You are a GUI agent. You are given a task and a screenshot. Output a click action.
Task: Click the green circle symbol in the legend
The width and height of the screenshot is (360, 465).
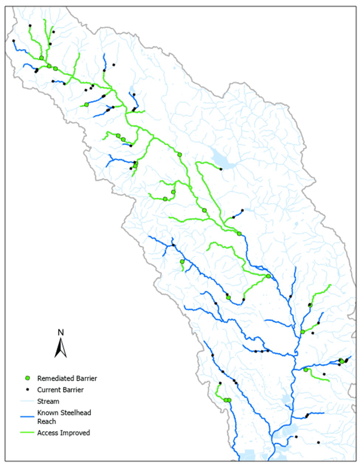27,378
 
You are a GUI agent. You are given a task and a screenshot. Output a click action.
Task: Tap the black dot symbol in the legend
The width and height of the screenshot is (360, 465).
27,390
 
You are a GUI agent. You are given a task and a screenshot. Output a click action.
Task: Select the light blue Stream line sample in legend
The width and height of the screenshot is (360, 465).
27,401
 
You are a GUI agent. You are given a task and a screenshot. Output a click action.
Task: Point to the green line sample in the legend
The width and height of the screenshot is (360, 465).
27,433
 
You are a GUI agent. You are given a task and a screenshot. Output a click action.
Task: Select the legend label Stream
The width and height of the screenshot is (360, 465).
48,401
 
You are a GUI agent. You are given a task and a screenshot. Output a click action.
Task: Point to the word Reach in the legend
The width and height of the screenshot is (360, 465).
47,421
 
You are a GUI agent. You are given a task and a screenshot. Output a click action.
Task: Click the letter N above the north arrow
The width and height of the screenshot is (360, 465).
61,333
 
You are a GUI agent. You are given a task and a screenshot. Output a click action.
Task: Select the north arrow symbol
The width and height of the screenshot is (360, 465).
61,349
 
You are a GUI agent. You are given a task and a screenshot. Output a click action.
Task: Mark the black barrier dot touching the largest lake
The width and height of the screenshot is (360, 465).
221,169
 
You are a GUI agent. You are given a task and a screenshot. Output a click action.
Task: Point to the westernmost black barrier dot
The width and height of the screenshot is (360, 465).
13,41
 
